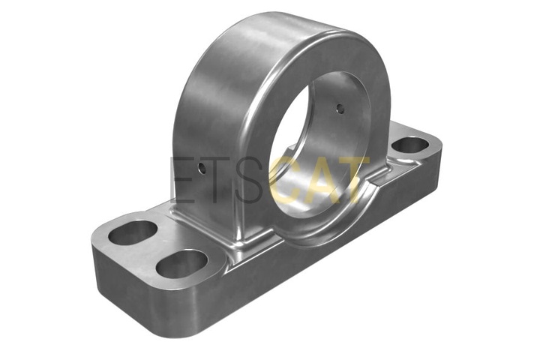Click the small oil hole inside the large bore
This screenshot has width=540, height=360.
[x=340, y=109]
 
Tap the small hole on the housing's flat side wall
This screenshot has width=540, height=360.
[x=202, y=169]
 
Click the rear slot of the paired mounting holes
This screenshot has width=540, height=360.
[x=133, y=232]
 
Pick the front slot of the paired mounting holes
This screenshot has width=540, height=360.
[x=181, y=264]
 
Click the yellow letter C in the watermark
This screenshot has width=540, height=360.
[x=287, y=179]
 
